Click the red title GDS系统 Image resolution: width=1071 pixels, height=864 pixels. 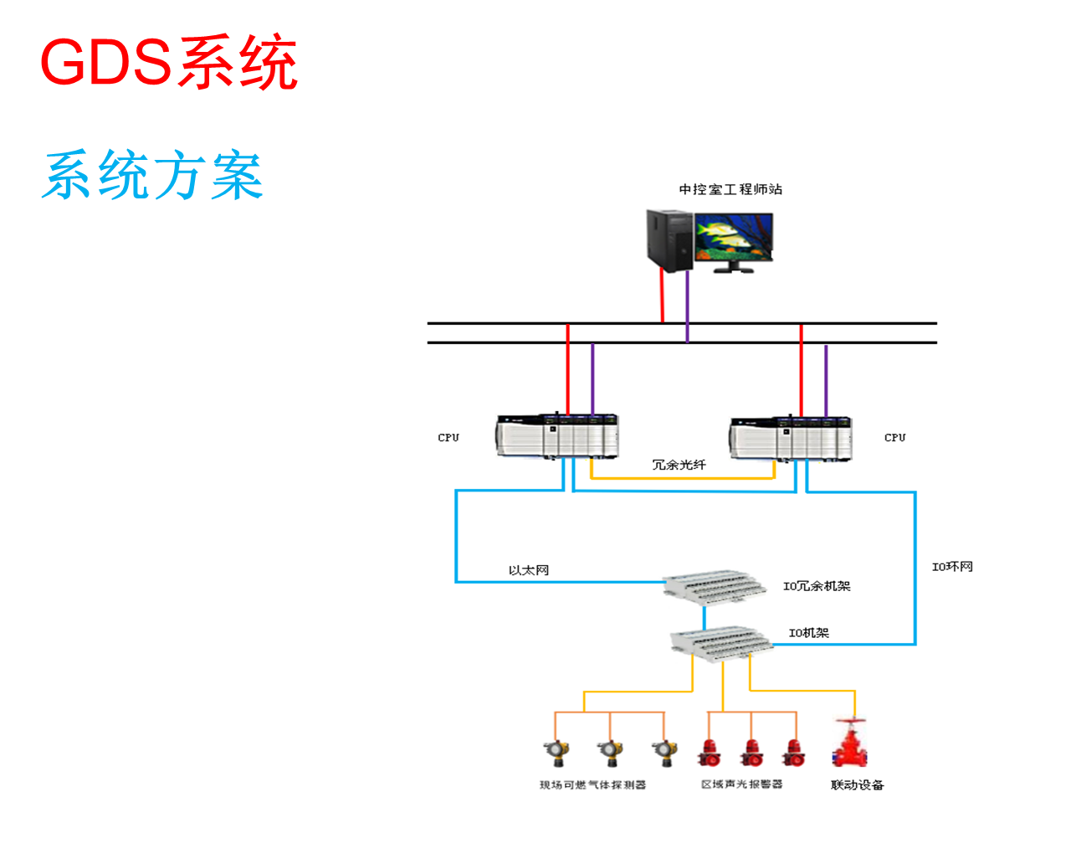coord(168,63)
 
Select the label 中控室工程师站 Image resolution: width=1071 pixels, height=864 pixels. coord(730,190)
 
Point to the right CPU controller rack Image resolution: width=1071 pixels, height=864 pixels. coord(791,437)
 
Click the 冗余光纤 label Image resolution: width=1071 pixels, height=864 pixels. coord(679,465)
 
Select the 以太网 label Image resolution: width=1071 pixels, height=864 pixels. coord(529,571)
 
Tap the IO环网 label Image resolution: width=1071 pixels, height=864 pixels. coord(952,567)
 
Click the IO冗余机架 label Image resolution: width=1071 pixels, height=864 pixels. coord(817,586)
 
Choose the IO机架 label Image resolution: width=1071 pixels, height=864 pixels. coord(809,633)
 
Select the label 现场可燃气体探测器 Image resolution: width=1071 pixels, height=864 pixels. coord(592,785)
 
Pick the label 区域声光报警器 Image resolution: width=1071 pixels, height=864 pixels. coord(741,784)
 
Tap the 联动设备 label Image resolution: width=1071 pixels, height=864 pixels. coord(857,785)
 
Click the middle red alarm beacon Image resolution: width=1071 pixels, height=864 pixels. coord(751,753)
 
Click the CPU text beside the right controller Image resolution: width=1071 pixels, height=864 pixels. coord(894,437)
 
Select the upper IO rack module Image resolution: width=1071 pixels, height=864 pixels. coord(714,585)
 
